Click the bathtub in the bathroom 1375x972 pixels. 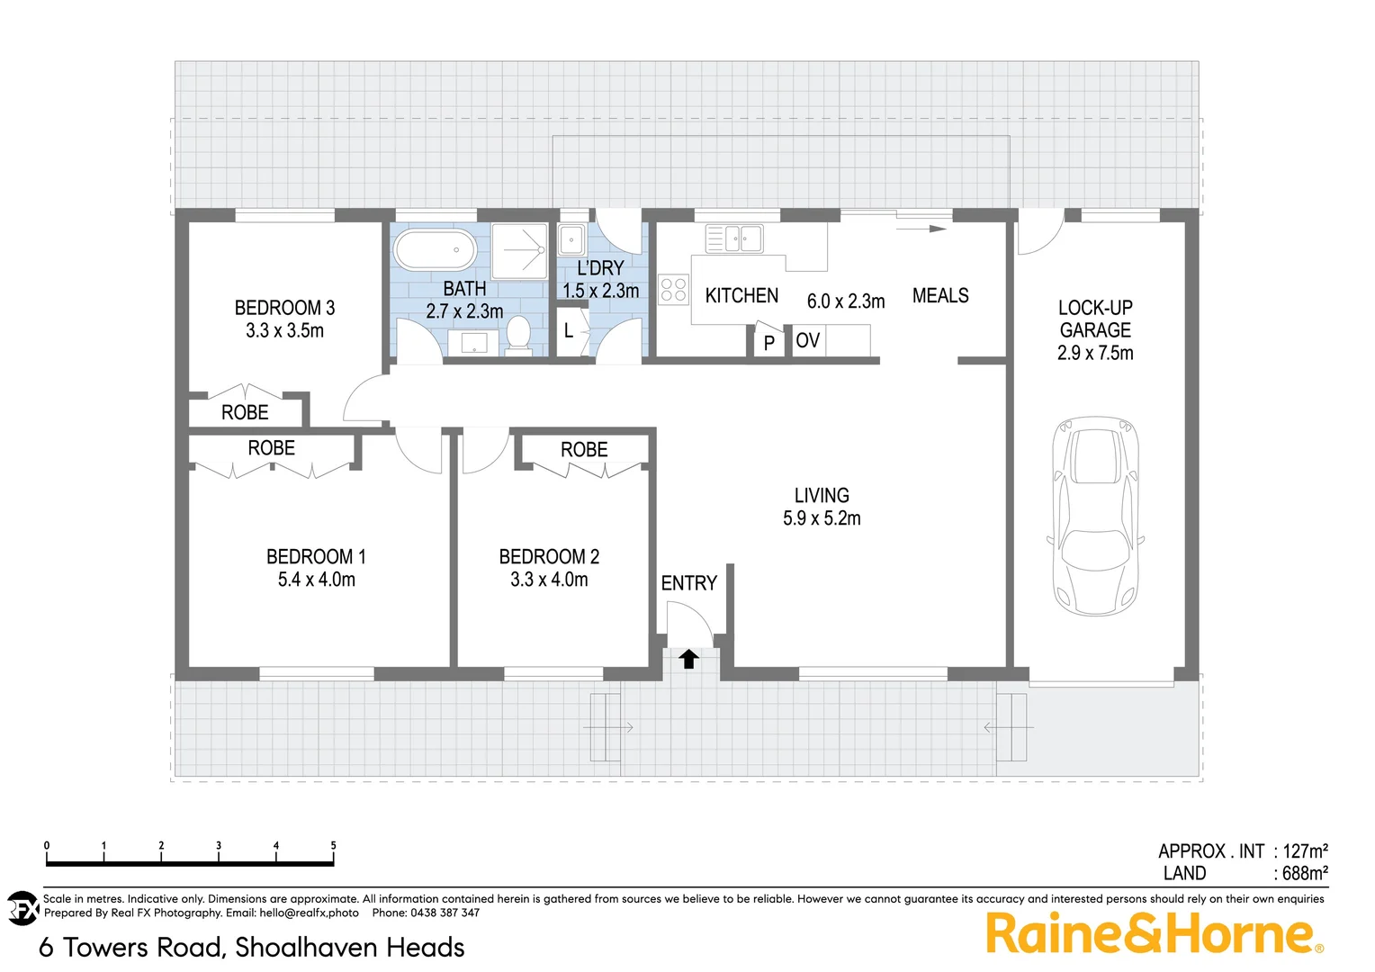[436, 249]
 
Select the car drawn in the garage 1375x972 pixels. [1095, 516]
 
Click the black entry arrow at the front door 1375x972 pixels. [688, 660]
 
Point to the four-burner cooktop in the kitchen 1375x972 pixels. [673, 289]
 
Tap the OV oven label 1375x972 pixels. [807, 340]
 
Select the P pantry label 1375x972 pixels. [768, 343]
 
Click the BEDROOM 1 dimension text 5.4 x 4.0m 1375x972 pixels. [316, 580]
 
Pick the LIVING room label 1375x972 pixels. [822, 495]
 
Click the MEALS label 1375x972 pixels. [940, 295]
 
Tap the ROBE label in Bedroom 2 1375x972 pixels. [584, 449]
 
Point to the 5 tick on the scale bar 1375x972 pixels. [333, 847]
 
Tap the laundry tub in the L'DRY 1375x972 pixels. [571, 240]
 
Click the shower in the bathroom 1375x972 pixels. [520, 251]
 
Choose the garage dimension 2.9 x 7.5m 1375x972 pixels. [1095, 353]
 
